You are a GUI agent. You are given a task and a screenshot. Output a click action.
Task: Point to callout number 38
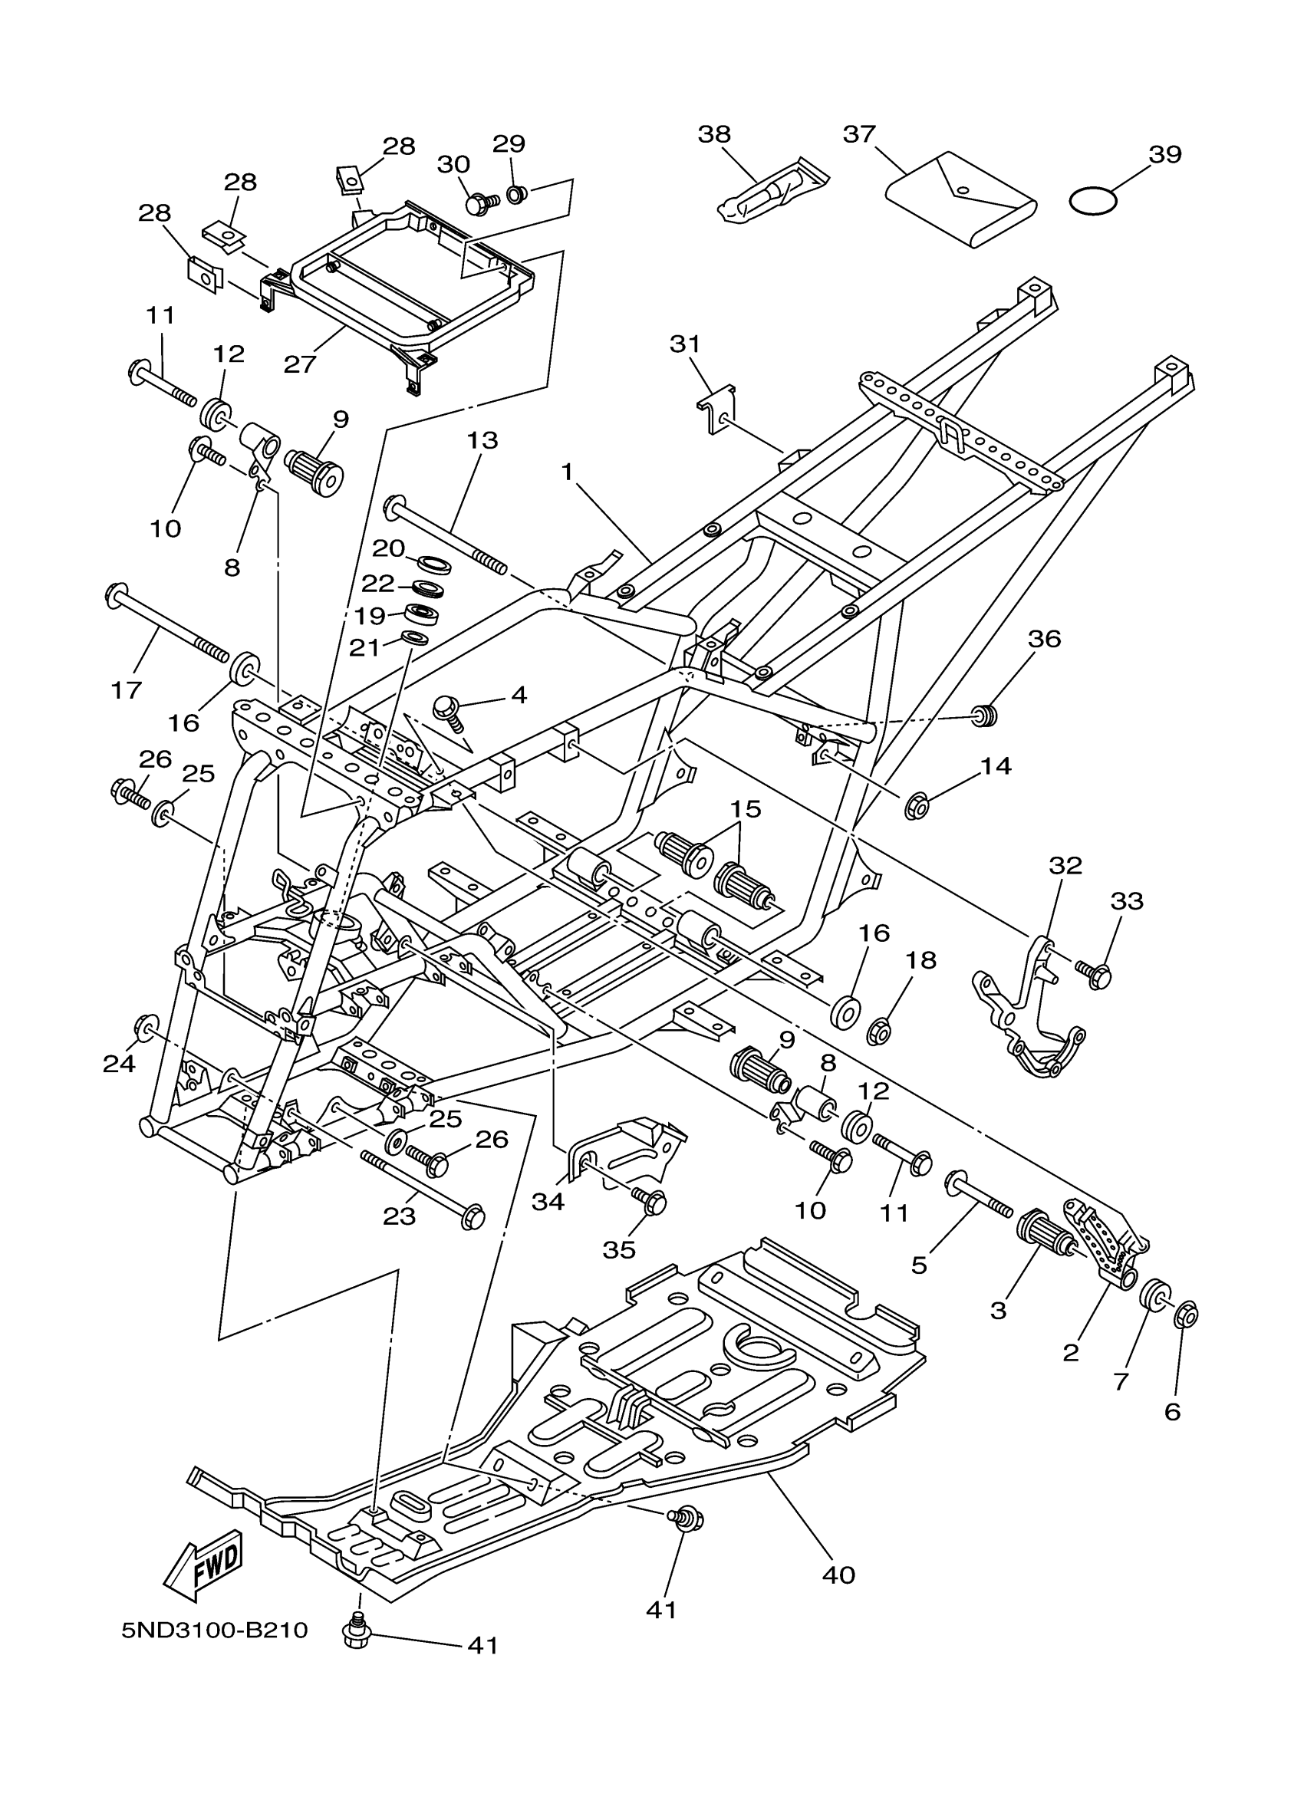tap(713, 134)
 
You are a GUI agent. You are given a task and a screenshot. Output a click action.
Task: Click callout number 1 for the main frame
tap(567, 472)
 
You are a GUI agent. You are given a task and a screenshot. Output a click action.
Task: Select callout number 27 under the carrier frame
tap(300, 364)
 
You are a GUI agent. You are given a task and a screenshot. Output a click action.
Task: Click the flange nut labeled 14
tap(917, 806)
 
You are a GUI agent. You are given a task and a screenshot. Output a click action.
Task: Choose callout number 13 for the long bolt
tap(482, 440)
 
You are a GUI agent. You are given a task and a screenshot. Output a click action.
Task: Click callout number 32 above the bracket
tap(1065, 865)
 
